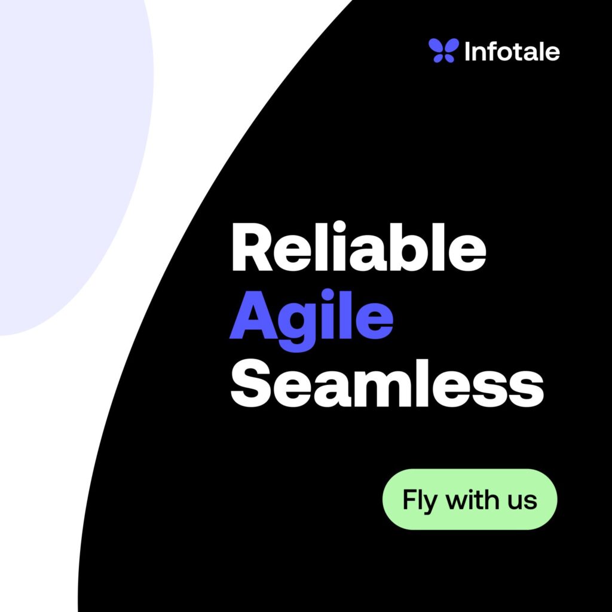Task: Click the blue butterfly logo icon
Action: [x=443, y=50]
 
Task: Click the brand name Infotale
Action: [x=512, y=51]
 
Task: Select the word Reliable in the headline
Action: [x=359, y=246]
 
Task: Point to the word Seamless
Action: [x=387, y=383]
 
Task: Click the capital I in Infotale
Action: [x=467, y=51]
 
